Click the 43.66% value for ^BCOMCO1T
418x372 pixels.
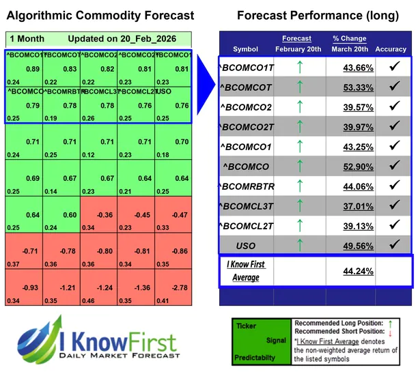pos(350,68)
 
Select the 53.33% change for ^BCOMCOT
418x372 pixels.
pos(350,87)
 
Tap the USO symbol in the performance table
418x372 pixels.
pos(246,245)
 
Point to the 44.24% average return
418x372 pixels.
pos(350,270)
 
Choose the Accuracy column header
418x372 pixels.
pos(391,49)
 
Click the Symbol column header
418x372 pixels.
pos(246,49)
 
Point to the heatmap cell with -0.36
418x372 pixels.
pos(104,215)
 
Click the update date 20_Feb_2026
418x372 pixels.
pos(147,40)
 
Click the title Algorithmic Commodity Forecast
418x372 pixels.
pos(100,16)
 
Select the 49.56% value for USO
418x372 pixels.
pos(350,245)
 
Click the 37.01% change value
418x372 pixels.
pos(350,205)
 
